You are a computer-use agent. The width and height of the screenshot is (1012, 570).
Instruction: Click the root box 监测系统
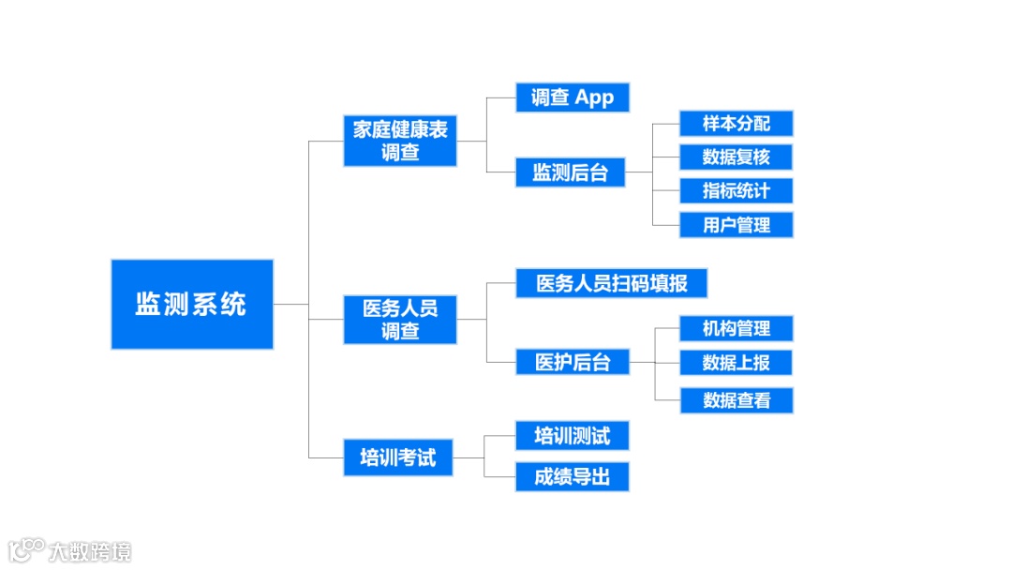[x=192, y=304]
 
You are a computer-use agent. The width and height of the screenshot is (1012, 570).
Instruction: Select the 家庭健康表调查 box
[x=400, y=141]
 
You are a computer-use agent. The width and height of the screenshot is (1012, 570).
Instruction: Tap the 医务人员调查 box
[x=400, y=319]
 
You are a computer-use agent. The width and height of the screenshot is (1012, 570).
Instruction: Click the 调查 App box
[x=572, y=97]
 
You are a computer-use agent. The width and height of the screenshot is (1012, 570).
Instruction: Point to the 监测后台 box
[x=570, y=172]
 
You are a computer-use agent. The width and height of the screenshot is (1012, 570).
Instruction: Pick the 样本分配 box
[x=737, y=124]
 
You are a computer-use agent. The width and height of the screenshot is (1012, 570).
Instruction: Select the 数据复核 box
[x=737, y=157]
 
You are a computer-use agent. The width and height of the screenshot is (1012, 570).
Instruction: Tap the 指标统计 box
[x=737, y=190]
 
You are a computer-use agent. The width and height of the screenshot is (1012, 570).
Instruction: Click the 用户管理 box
[x=737, y=225]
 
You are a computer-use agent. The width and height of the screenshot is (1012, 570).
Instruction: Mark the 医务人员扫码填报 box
[x=611, y=283]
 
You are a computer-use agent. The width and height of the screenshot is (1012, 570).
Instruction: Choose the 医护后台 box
[x=572, y=362]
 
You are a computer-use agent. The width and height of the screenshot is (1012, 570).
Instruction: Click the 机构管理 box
[x=737, y=328]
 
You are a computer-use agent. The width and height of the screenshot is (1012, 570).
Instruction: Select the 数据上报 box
[x=737, y=362]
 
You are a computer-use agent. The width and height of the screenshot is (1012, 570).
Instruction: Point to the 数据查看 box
[x=737, y=400]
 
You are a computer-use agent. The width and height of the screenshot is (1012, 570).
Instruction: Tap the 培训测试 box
[x=572, y=436]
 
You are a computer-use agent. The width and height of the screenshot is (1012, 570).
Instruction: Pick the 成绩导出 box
[x=572, y=477]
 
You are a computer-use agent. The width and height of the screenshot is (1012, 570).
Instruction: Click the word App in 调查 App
[x=594, y=97]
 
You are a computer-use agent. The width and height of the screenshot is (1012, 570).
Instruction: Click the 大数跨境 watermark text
[x=91, y=551]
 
